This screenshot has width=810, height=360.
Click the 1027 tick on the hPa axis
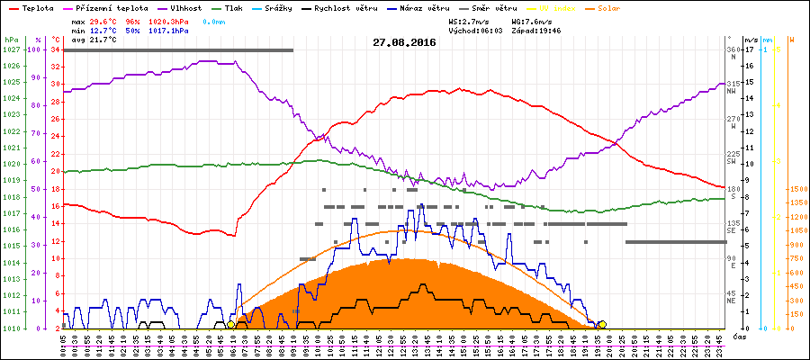point(11,50)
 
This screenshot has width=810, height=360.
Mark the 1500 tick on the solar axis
point(797,189)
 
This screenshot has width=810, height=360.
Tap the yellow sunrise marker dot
point(231,324)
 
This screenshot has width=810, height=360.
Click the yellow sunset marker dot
point(602,324)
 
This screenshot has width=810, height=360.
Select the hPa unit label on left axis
point(11,40)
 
